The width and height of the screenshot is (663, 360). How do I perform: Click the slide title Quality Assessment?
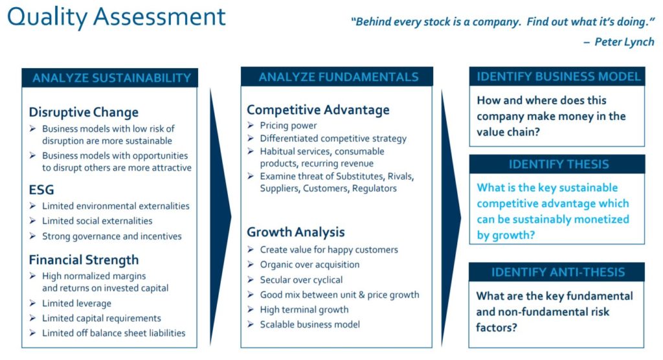[x=117, y=17]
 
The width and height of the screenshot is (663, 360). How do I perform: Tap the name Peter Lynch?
[x=624, y=42]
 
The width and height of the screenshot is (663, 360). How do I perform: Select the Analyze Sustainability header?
[x=111, y=78]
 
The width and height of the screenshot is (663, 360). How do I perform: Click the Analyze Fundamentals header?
[x=338, y=77]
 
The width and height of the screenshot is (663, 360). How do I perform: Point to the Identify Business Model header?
[x=559, y=76]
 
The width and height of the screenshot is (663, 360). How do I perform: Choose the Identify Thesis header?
[x=559, y=164]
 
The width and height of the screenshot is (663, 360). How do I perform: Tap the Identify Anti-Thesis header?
[x=557, y=272]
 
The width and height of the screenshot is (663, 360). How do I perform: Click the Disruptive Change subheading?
[x=84, y=113]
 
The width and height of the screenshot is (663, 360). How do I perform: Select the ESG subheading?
[x=41, y=190]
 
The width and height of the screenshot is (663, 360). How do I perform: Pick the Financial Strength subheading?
[x=84, y=260]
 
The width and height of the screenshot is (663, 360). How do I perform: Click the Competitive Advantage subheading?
[x=318, y=110]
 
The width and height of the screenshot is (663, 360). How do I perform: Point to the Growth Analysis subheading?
[x=295, y=232]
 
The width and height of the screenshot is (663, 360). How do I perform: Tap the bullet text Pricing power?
[x=288, y=126]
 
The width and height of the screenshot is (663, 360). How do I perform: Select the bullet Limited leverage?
[x=76, y=303]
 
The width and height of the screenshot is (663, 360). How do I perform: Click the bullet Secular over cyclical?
[x=301, y=280]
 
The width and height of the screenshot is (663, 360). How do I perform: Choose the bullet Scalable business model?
[x=310, y=324]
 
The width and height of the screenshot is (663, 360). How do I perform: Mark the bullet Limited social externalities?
[x=97, y=221]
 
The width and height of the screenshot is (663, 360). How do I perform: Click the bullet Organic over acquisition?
[x=309, y=265]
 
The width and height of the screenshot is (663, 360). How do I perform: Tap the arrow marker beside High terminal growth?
[x=251, y=309]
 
